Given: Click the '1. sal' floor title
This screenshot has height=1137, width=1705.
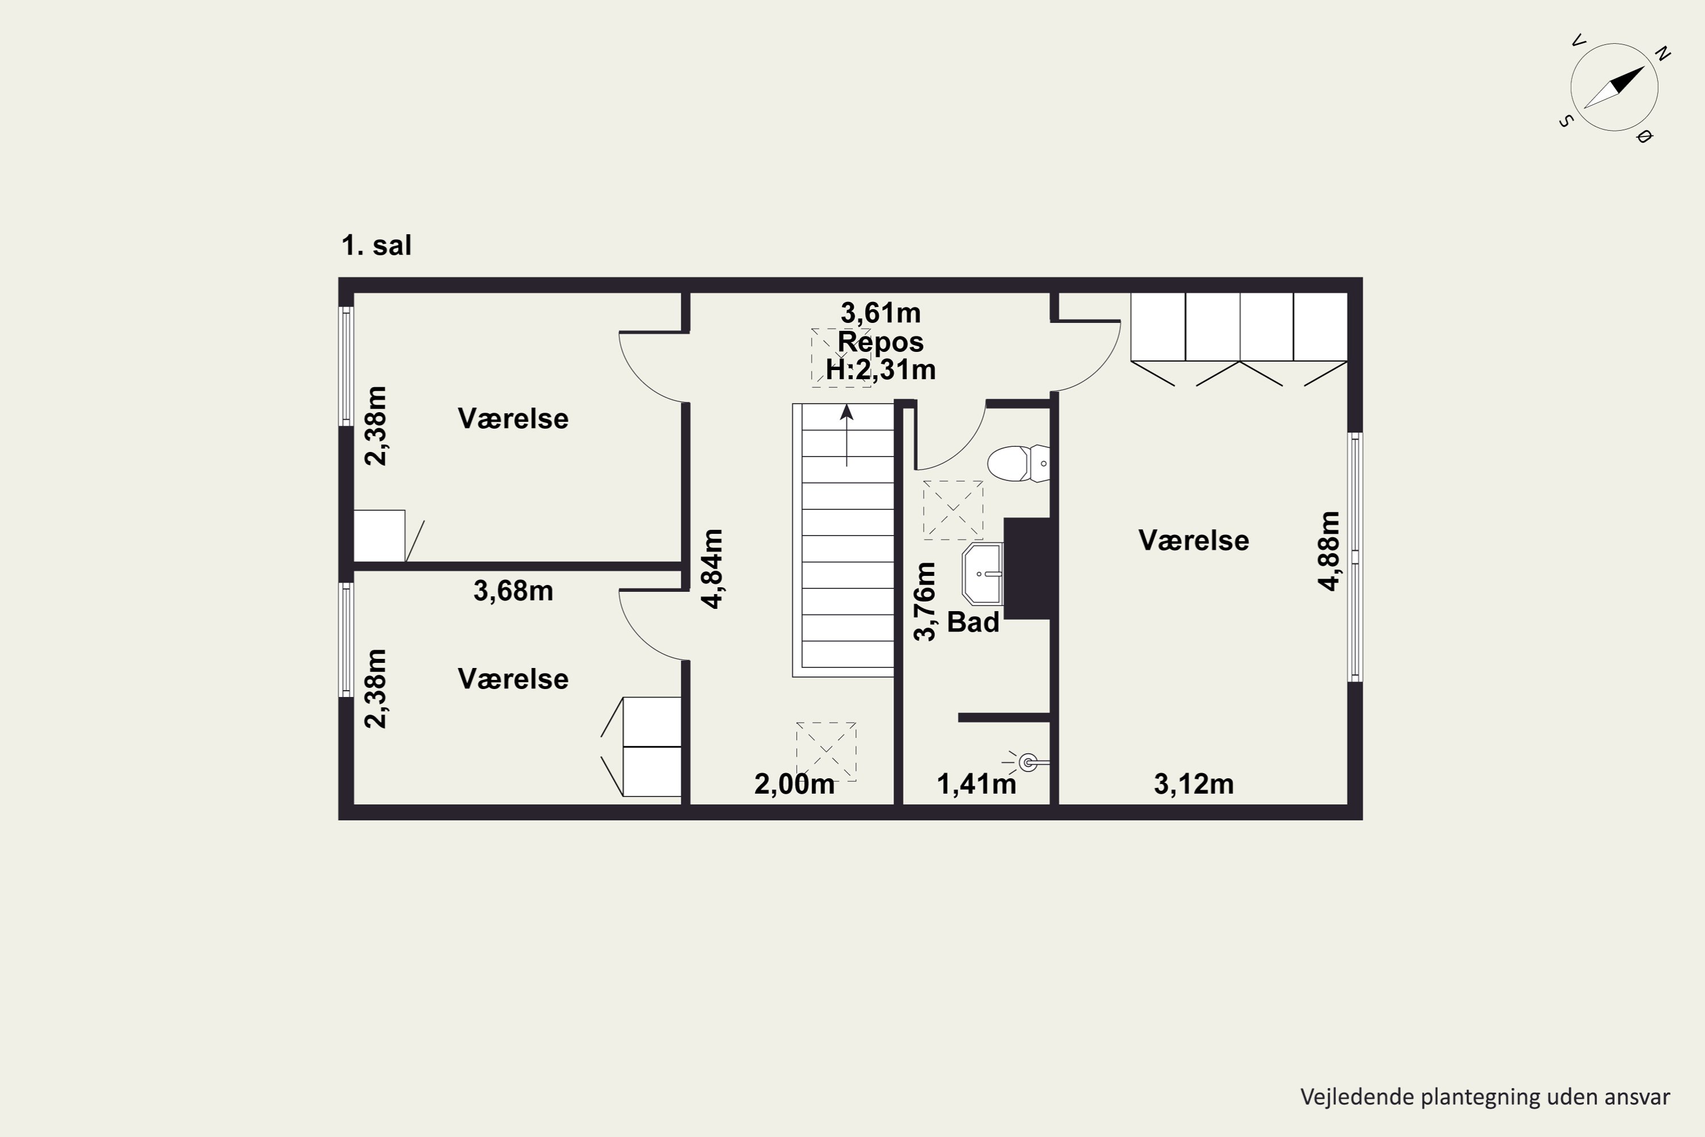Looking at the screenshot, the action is click(x=376, y=245).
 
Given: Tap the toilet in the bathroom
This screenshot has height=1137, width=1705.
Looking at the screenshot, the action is click(x=1018, y=463).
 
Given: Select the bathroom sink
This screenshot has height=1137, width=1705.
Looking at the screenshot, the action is click(x=982, y=574).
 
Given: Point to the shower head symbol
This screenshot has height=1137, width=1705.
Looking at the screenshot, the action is click(x=1026, y=762).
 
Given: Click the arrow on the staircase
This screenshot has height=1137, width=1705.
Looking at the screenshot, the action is click(x=847, y=435).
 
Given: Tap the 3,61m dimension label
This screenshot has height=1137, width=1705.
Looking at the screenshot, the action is click(x=881, y=313).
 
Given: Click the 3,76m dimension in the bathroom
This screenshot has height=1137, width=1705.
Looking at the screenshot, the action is click(x=925, y=602).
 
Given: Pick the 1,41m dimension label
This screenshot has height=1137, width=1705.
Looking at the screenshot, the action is click(x=976, y=784).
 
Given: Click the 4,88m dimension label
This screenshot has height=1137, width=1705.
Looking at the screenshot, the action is click(x=1329, y=551).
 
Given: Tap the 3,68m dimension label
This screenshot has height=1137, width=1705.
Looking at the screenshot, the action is click(x=513, y=591).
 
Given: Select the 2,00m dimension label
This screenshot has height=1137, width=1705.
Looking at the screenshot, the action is click(x=795, y=784).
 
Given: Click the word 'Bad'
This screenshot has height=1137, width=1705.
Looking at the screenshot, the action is click(x=974, y=622).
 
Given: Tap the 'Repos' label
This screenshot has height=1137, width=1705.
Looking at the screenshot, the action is click(x=881, y=342).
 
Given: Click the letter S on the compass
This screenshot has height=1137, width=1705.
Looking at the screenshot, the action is click(x=1566, y=121).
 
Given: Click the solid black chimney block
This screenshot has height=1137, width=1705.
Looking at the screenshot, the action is click(x=1027, y=568).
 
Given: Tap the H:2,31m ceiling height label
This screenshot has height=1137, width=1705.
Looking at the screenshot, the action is click(x=881, y=371).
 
